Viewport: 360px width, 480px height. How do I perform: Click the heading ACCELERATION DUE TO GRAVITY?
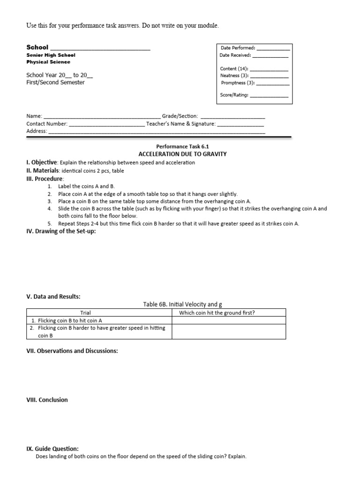[182, 154]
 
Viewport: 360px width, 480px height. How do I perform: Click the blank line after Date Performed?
[273, 48]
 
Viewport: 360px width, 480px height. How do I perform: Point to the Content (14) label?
[234, 68]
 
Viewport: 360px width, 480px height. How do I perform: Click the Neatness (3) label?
[235, 75]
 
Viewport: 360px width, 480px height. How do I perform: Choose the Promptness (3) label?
[238, 83]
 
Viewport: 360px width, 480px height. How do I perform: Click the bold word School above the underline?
[37, 47]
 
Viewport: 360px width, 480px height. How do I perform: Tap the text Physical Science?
[48, 62]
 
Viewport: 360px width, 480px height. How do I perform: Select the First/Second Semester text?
[55, 82]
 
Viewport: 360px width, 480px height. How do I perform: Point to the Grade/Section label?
[180, 116]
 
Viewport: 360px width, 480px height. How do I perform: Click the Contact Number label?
[47, 124]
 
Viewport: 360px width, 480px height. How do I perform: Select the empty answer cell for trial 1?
[229, 321]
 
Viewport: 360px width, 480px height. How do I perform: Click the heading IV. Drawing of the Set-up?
[60, 231]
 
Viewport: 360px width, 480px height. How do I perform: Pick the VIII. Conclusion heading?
[47, 400]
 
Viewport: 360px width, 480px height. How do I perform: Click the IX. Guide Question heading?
[52, 449]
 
